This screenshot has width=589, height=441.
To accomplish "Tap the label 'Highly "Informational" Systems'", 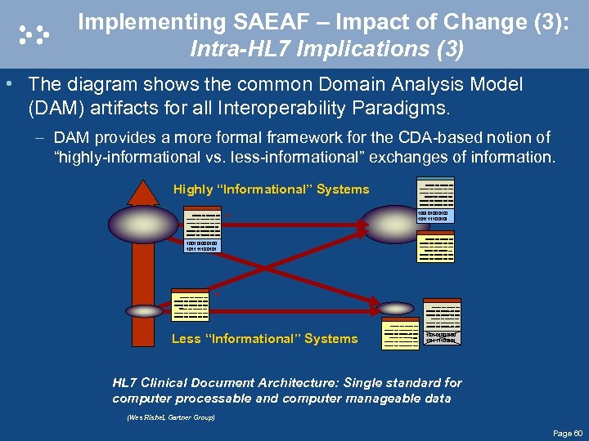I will coord(271,189).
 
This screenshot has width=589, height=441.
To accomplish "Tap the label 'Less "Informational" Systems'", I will coord(264,338).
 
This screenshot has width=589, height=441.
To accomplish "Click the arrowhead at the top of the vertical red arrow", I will coord(144,193).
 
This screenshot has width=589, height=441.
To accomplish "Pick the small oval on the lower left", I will coord(145,311).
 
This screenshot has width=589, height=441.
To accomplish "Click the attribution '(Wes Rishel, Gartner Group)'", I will coord(170,417).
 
